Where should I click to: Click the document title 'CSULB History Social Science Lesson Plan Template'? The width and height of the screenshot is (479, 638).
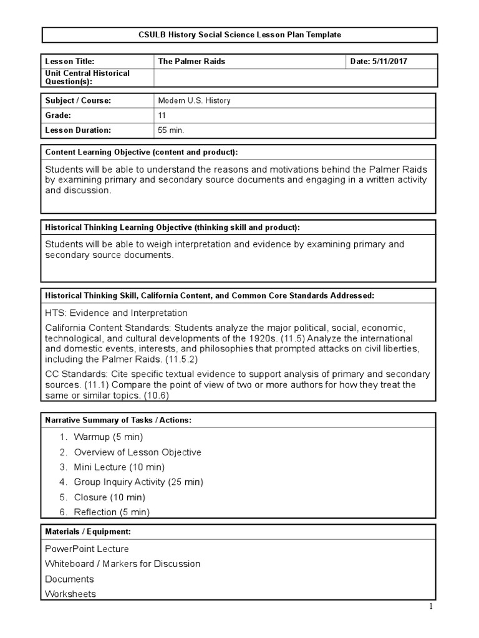[239, 35]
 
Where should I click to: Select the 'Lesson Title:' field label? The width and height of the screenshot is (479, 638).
[69, 61]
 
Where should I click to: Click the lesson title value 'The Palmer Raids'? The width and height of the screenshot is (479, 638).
[191, 61]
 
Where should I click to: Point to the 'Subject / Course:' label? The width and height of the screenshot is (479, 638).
[78, 100]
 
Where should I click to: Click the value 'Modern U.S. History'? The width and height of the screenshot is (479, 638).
[194, 100]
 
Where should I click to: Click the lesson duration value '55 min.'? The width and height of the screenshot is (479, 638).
[172, 130]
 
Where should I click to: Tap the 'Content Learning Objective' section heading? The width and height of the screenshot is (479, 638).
[141, 152]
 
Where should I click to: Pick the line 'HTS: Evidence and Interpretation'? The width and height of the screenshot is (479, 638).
[116, 313]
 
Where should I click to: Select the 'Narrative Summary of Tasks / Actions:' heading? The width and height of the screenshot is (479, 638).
[118, 420]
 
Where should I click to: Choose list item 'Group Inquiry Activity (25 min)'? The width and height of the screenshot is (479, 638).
[138, 482]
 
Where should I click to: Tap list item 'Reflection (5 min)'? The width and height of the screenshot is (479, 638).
[112, 512]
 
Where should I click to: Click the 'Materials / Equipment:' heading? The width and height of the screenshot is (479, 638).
[87, 531]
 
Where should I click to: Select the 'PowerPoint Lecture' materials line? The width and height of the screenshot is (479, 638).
[87, 548]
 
